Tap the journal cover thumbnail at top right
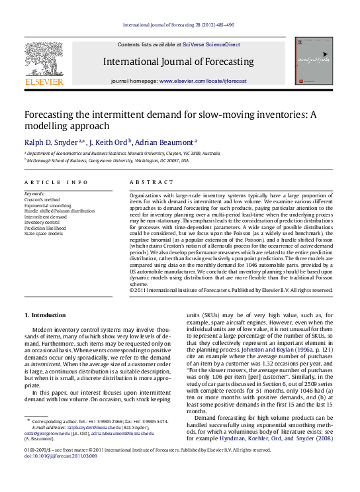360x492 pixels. click(314, 60)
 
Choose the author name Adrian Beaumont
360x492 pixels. click(165, 142)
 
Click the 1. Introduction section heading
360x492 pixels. click(45, 315)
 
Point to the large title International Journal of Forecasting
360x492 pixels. click(178, 62)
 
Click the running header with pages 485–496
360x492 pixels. click(179, 25)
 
